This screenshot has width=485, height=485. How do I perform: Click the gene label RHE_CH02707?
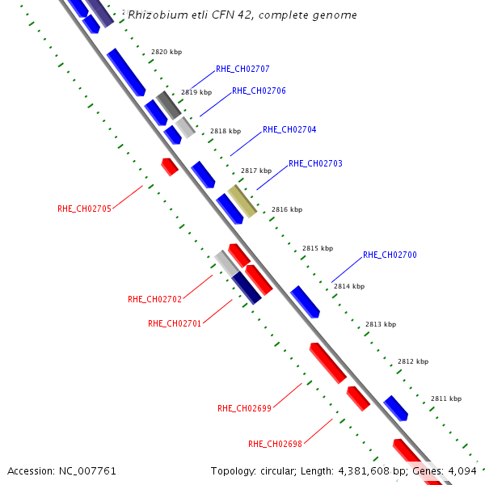242,70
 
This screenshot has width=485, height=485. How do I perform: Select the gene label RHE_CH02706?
259,91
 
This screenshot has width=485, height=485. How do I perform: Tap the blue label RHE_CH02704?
289,130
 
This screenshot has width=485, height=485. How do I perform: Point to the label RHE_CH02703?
315,164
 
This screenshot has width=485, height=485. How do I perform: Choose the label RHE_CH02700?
390,255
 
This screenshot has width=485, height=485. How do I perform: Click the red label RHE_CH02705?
84,209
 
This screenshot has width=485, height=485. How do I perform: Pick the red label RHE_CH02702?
154,299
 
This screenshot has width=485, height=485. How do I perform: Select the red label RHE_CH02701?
175,323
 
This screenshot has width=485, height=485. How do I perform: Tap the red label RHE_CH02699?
244,408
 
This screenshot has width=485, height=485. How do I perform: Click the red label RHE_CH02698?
275,444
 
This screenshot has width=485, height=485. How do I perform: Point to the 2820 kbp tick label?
167,53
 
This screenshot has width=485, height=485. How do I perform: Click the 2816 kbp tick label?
287,209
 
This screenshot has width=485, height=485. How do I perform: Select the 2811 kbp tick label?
446,399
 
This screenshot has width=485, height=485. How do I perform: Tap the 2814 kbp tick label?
349,286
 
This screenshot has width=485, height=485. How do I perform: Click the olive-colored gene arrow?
242,200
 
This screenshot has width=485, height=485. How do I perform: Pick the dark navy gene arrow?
247,288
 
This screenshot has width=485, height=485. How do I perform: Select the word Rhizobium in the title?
154,15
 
